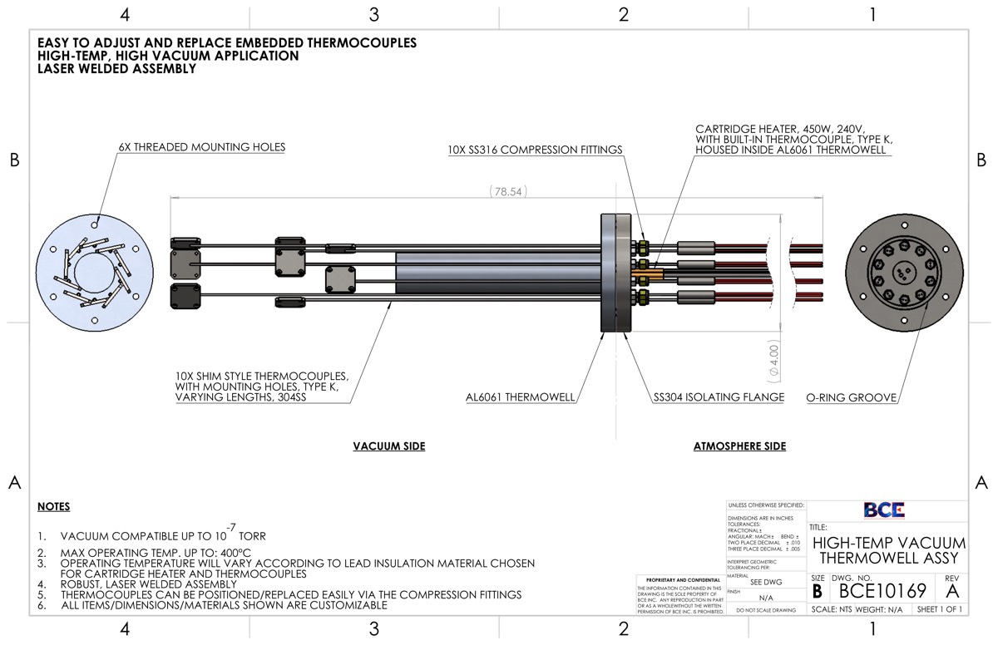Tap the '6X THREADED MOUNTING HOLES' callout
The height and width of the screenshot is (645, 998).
201,147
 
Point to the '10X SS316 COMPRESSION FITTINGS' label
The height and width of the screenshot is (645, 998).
536,150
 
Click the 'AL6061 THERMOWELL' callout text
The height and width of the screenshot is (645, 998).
520,397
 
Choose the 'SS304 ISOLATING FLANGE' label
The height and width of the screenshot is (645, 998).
719,397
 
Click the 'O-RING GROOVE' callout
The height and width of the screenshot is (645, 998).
851,397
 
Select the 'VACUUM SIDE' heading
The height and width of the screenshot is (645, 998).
388,446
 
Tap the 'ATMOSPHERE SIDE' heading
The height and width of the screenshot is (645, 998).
739,446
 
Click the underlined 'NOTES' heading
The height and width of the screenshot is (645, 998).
54,507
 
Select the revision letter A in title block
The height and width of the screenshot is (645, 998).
952,591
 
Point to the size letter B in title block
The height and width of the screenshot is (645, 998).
818,591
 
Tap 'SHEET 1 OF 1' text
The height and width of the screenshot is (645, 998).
939,609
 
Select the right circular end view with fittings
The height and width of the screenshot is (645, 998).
903,271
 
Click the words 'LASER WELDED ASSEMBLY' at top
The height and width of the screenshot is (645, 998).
116,69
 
